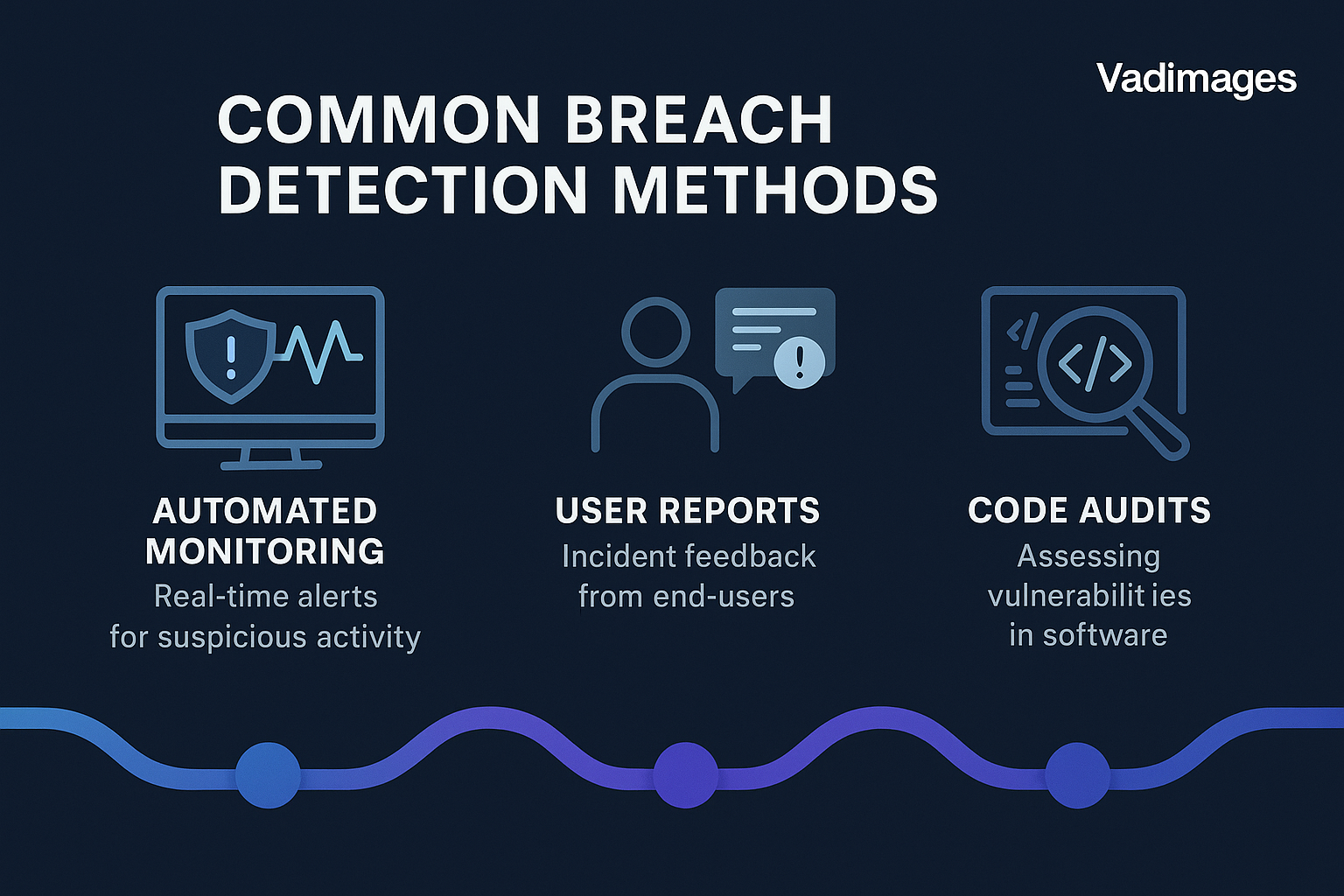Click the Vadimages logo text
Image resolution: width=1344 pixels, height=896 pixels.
pos(1196,80)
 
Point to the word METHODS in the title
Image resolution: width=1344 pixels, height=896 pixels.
pos(774,189)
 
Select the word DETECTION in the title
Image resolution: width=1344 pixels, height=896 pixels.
pos(402,189)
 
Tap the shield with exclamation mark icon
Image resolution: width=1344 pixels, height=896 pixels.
pos(231,356)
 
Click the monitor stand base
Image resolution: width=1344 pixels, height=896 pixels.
pos(270,465)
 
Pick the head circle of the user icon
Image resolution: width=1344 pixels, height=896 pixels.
pos(655,332)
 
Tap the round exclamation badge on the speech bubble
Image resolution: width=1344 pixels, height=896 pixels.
pos(799,362)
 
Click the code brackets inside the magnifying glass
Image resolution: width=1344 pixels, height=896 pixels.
pos(1095,365)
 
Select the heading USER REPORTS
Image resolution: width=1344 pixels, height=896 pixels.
pos(688,511)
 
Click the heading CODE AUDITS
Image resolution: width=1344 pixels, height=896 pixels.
pos(1089,511)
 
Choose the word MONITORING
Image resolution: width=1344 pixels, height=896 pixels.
pos(264,551)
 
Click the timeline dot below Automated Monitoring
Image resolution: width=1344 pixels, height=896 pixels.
pos(268,775)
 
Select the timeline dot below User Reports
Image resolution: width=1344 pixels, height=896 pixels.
pos(685,775)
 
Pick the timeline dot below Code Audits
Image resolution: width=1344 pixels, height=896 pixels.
pos(1078,775)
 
